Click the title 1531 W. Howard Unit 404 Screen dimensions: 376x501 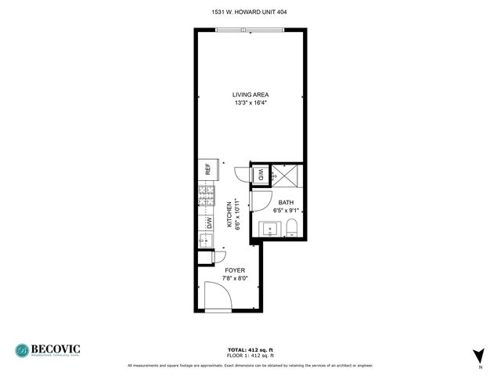[x=250, y=11]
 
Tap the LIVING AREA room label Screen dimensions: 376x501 [x=250, y=95]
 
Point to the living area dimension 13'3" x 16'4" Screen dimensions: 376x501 [x=250, y=103]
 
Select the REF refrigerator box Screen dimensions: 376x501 [x=207, y=169]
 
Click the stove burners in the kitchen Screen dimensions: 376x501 [x=207, y=197]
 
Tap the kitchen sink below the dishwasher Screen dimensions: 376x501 [x=206, y=258]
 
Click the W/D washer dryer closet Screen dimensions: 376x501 [x=261, y=175]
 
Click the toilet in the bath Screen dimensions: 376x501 [x=291, y=228]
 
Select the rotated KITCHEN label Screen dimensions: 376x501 [x=230, y=214]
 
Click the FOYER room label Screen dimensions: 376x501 [x=235, y=270]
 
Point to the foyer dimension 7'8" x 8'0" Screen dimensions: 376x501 [x=235, y=278]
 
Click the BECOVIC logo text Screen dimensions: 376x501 [x=59, y=349]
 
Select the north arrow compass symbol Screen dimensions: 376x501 [x=479, y=356]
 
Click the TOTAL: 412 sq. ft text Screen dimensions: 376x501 [x=250, y=349]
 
